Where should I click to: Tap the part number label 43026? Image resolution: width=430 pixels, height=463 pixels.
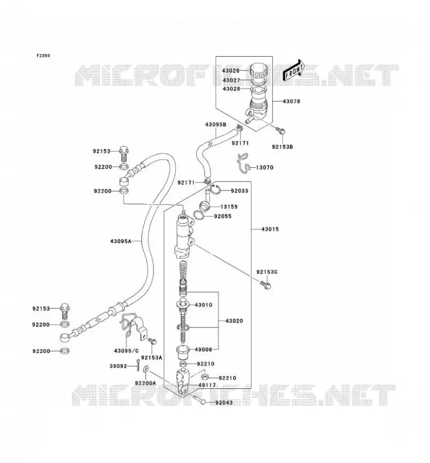point(231,71)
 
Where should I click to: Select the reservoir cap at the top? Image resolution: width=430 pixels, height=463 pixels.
point(258,70)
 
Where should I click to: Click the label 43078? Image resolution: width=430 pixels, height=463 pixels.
point(291,101)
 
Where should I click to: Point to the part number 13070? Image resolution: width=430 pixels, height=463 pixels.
point(264,167)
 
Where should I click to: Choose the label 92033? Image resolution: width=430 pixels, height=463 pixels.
point(239,191)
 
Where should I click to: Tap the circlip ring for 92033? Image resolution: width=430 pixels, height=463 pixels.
point(217,189)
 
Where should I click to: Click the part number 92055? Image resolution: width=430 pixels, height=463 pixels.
point(223,216)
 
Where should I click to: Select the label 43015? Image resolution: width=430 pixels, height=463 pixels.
point(270,229)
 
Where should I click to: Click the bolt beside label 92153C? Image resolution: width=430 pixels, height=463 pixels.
point(265,285)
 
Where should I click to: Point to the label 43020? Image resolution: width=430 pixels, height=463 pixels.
point(234,321)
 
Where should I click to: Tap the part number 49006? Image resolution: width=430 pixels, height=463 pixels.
point(203,350)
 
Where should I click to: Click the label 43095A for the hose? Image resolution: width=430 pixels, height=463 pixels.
point(121,241)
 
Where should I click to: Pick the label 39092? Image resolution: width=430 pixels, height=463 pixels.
point(118,366)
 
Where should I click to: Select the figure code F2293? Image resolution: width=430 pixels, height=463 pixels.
point(43,56)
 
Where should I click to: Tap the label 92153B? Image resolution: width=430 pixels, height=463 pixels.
point(282,147)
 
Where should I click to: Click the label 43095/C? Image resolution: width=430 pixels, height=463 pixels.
point(126,351)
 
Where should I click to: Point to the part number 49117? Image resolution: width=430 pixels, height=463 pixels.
point(207,385)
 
